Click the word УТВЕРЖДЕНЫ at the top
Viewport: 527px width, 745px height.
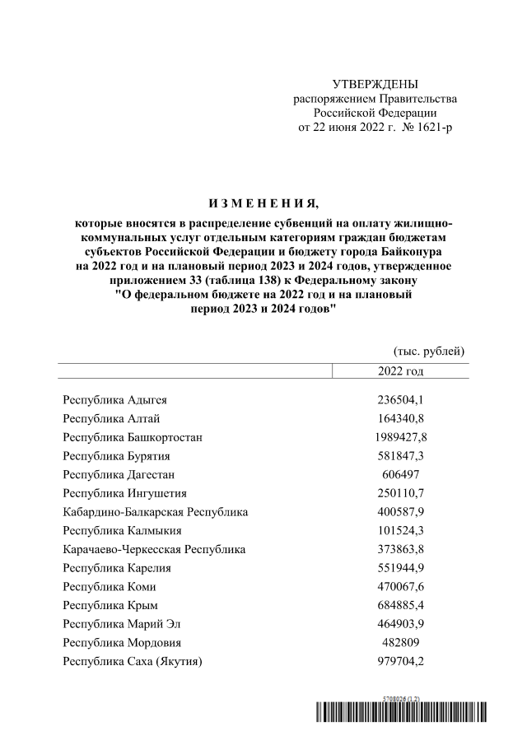375,84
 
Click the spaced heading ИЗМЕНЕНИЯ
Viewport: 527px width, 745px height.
263,203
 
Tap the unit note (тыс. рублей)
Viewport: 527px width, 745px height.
430,352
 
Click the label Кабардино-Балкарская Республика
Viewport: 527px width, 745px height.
156,512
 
